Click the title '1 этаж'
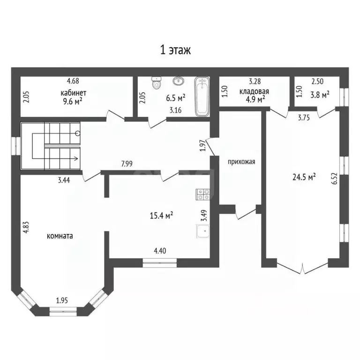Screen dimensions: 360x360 [175, 50]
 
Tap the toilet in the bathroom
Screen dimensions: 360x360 [157, 82]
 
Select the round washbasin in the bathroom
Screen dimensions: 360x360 [179, 81]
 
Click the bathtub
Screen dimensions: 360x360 [202, 97]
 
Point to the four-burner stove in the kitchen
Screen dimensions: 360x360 [202, 194]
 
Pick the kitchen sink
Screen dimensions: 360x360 [203, 231]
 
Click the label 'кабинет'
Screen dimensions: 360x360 [74, 93]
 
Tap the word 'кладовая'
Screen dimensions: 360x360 [254, 91]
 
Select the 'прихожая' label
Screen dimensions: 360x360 [241, 162]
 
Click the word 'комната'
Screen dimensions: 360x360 [60, 236]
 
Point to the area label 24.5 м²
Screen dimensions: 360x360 [304, 177]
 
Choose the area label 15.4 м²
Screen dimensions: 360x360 [161, 216]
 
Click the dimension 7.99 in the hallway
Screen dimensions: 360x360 [127, 164]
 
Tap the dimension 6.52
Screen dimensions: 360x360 [335, 179]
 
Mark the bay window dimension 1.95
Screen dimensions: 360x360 [62, 300]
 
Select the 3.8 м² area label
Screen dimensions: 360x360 [320, 95]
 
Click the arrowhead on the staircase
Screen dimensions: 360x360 [76, 158]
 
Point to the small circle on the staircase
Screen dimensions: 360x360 [78, 133]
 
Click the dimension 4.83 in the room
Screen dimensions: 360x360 [26, 227]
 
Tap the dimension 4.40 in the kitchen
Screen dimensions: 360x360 [160, 251]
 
